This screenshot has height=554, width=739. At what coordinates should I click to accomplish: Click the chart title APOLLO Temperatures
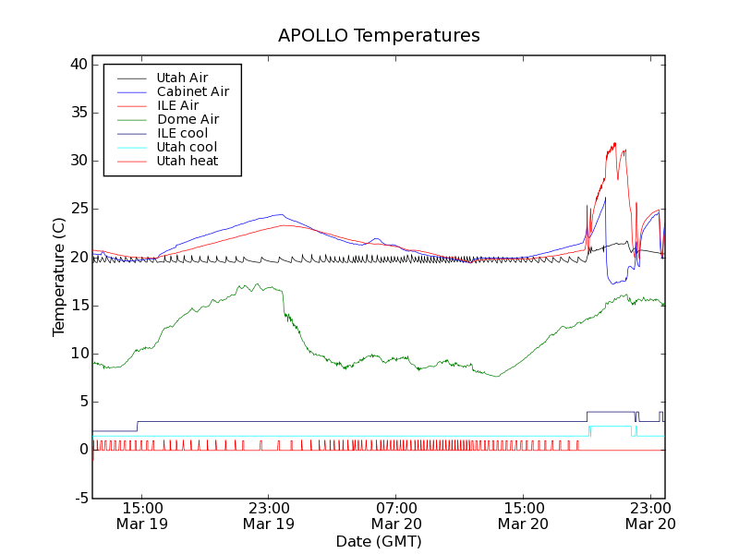coord(379,36)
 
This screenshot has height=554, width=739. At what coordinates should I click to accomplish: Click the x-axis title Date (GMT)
coord(379,541)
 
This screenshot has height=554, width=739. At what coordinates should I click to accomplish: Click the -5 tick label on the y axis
coord(79,498)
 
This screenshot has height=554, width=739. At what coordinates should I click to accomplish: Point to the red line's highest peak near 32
coord(614,143)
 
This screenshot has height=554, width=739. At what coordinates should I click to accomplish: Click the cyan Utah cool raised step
coord(610,427)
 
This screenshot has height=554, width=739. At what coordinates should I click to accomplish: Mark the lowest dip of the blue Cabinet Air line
coord(615,283)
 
